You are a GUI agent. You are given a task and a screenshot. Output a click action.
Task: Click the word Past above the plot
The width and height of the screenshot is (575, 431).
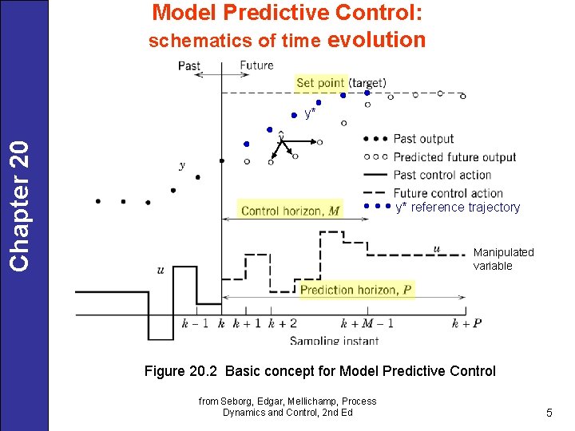point(189,65)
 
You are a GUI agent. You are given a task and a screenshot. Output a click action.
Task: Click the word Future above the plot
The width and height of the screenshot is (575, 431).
point(256,65)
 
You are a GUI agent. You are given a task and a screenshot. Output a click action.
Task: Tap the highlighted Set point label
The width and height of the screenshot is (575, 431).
point(320,82)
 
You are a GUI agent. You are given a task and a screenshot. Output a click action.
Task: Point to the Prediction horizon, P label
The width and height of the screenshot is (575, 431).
point(357,290)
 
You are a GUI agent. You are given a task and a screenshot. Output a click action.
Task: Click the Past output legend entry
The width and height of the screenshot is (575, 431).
point(423,139)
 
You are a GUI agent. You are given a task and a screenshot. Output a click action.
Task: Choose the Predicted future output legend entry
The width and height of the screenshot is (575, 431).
point(454,157)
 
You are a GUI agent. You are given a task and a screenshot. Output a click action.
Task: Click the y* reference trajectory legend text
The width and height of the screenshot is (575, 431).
point(458,208)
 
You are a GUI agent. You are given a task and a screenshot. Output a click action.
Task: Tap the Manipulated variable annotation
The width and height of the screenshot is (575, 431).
point(503,259)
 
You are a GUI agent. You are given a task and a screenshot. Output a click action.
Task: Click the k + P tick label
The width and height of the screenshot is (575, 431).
point(466,323)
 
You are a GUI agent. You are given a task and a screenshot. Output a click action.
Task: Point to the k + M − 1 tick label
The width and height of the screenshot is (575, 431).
point(367,323)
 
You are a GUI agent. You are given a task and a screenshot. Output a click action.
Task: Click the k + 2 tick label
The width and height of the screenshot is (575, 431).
point(282,323)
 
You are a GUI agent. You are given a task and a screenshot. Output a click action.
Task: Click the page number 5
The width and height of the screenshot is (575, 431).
point(549,413)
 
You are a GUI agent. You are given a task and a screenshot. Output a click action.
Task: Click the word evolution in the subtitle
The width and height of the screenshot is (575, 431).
point(376,40)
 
